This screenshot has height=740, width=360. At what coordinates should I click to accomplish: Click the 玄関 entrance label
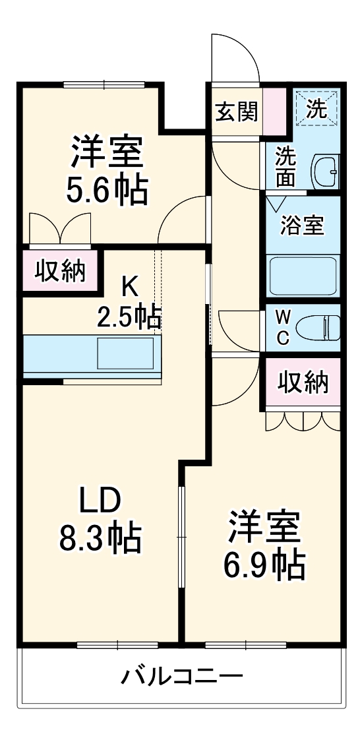pyautogui.click(x=236, y=112)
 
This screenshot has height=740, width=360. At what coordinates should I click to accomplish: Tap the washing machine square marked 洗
pyautogui.click(x=317, y=108)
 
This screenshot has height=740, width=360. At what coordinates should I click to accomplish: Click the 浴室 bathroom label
pyautogui.click(x=302, y=226)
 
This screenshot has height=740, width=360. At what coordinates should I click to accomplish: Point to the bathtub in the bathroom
pyautogui.click(x=303, y=275)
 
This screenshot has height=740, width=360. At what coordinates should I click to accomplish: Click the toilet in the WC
pyautogui.click(x=318, y=328)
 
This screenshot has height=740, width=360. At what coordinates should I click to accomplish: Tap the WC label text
pyautogui.click(x=282, y=328)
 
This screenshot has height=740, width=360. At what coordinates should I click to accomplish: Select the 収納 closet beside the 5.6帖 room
pyautogui.click(x=61, y=270)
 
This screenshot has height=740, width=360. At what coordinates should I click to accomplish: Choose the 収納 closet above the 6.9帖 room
pyautogui.click(x=303, y=383)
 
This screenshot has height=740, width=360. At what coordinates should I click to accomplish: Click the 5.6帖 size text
pyautogui.click(x=106, y=190)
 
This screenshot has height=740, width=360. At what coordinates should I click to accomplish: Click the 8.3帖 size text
pyautogui.click(x=100, y=538)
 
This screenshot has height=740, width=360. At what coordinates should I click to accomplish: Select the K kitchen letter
pyautogui.click(x=129, y=286)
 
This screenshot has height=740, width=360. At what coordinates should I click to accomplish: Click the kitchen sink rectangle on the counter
pyautogui.click(x=129, y=354)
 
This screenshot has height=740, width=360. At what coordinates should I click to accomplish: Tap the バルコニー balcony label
pyautogui.click(x=182, y=676)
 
